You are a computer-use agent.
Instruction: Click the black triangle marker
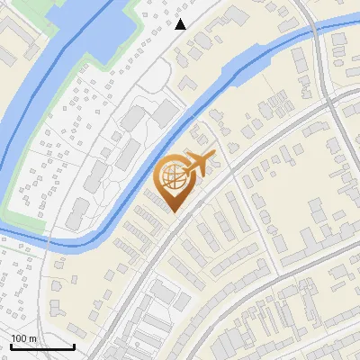(x=181, y=24)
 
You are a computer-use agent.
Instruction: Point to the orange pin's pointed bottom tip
(x=174, y=213)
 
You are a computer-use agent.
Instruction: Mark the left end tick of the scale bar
(x=12, y=346)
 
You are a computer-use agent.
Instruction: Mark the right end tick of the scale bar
(x=74, y=346)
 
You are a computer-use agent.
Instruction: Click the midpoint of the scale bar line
(x=42, y=347)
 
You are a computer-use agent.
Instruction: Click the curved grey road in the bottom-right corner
(x=297, y=288)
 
